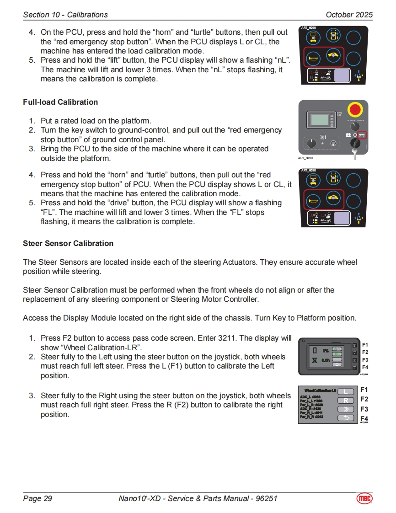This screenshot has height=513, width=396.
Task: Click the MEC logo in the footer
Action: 364,498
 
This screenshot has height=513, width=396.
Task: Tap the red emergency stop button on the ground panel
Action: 355,110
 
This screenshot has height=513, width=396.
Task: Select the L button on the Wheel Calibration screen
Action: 346,391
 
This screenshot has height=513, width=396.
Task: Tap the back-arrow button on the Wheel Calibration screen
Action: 346,418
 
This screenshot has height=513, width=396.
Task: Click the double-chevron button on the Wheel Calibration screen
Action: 346,409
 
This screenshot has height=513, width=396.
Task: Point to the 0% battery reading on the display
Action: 325,351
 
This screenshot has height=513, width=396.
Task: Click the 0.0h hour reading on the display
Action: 325,360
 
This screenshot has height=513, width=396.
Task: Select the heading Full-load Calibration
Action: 60,102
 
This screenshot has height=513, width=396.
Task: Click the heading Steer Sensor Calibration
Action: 68,243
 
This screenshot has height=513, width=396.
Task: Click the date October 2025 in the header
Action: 349,15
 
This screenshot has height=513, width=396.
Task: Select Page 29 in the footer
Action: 37,498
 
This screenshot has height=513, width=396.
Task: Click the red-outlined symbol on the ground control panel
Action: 362,135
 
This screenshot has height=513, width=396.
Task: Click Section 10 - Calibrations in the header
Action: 65,15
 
